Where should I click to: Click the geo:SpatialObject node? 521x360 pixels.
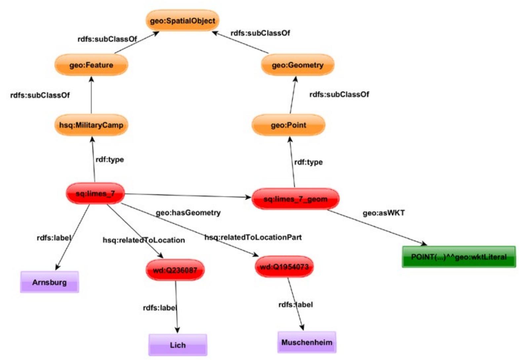click(182, 21)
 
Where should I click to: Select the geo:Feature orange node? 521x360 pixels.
click(91, 65)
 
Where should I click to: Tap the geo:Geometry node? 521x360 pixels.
click(298, 65)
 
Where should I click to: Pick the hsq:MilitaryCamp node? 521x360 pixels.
click(91, 125)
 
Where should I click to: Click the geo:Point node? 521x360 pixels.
click(289, 125)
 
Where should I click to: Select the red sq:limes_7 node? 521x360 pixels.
click(95, 193)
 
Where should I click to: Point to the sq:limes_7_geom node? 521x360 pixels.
click(295, 199)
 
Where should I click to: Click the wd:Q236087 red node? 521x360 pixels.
click(175, 270)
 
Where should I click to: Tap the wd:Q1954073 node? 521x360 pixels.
click(284, 267)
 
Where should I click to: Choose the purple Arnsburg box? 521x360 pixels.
click(50, 282)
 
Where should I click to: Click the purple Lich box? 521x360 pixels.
click(178, 345)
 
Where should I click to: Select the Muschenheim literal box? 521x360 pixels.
click(307, 342)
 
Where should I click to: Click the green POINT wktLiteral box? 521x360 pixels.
click(459, 257)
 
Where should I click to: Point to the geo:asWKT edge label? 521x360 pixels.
click(383, 213)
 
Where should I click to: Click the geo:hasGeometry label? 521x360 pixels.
click(188, 213)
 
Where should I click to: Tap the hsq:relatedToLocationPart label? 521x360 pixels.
click(253, 237)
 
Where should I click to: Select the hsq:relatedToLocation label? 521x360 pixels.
click(144, 240)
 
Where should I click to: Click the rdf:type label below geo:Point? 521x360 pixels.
click(308, 162)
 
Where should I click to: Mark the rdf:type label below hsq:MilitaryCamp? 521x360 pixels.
click(110, 159)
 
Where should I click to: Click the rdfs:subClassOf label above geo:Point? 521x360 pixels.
click(339, 95)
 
